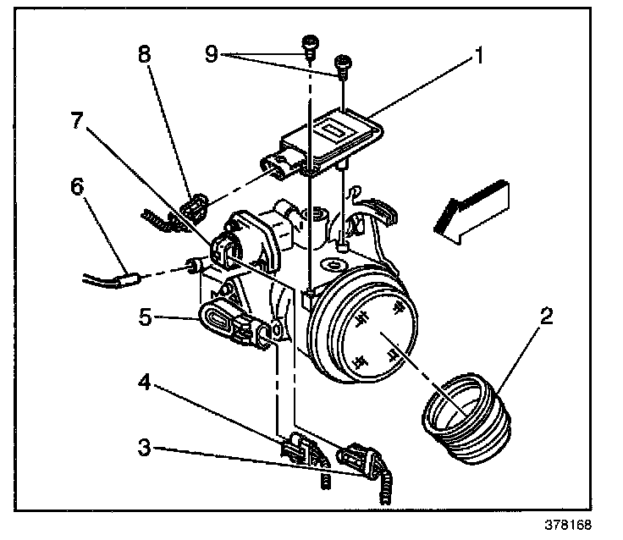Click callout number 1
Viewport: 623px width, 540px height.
pyautogui.click(x=478, y=58)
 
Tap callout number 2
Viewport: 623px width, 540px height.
pyautogui.click(x=547, y=319)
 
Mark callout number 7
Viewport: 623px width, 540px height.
pyautogui.click(x=77, y=120)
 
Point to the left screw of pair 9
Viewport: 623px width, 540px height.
pyautogui.click(x=310, y=43)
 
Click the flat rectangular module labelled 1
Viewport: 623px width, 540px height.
pyautogui.click(x=334, y=135)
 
